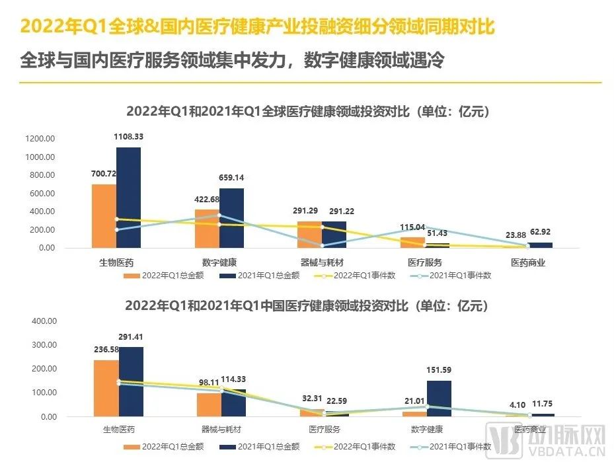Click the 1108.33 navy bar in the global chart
tap(128, 197)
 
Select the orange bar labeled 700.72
tap(104, 215)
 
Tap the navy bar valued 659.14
tap(231, 218)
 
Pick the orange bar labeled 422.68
tap(207, 229)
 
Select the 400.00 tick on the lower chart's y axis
tap(42, 321)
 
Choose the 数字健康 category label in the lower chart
tap(426, 429)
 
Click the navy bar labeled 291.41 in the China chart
tap(131, 381)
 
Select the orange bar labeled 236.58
tap(106, 388)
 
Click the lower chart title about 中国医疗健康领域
tap(307, 306)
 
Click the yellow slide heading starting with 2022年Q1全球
tap(258, 26)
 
